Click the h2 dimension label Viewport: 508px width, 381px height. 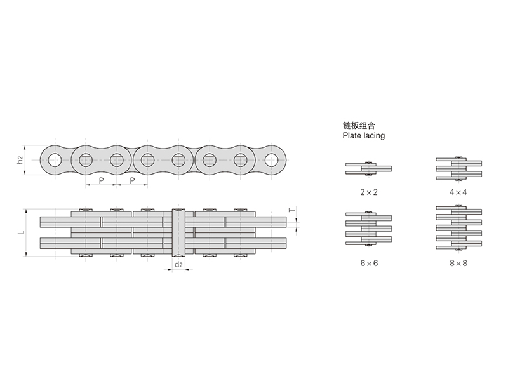coord(20,160)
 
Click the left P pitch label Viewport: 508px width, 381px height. coord(102,180)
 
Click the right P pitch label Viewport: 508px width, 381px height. coord(132,180)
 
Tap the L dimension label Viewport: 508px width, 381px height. coord(22,232)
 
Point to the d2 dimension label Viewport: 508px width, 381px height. coord(178,265)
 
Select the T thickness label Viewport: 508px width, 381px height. coord(292,210)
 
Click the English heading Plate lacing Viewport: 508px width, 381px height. coord(363,135)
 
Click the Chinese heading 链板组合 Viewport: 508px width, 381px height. coord(359,125)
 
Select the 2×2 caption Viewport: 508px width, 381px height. coord(369,192)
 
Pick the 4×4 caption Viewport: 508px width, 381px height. coord(458,192)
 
